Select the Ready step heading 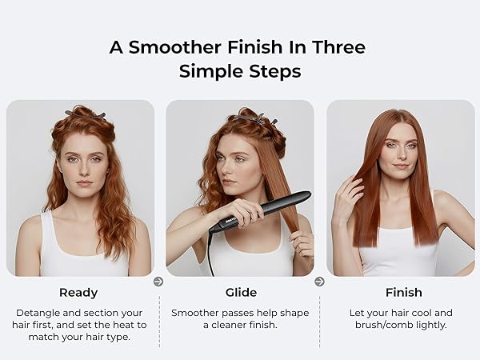coord(78,293)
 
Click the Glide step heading coord(239,293)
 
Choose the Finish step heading coord(403,293)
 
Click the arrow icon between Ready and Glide coord(158,282)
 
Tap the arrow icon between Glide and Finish coord(319,282)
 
